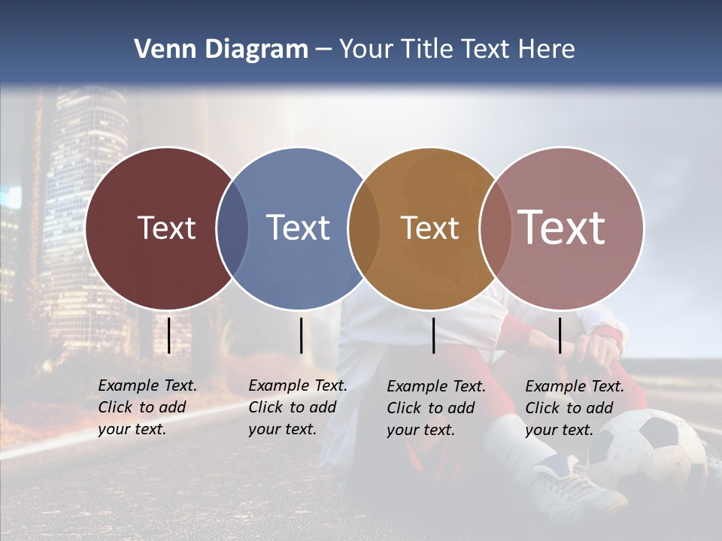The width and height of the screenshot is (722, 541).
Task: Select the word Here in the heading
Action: pyautogui.click(x=548, y=50)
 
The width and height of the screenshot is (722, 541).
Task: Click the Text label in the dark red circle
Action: pyautogui.click(x=166, y=228)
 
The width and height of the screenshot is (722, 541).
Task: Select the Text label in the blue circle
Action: pyautogui.click(x=298, y=228)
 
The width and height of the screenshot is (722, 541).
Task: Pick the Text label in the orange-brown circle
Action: pyautogui.click(x=429, y=228)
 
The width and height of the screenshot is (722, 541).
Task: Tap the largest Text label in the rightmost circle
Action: pyautogui.click(x=561, y=227)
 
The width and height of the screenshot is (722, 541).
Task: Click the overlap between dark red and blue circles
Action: pyautogui.click(x=232, y=228)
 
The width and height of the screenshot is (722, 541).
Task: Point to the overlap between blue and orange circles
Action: pyautogui.click(x=364, y=228)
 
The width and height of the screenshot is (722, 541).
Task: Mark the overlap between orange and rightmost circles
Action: pyautogui.click(x=495, y=228)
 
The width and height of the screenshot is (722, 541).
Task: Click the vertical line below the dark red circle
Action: pyautogui.click(x=169, y=335)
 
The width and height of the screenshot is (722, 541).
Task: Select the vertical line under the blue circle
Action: pyautogui.click(x=301, y=335)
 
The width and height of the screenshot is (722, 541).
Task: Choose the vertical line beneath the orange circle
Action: pyautogui.click(x=434, y=335)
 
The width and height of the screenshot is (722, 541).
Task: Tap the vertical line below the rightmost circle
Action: pyautogui.click(x=560, y=335)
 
